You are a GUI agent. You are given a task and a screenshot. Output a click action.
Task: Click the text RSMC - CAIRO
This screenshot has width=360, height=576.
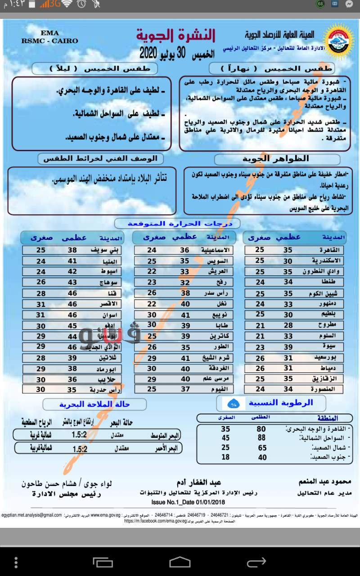click(49, 40)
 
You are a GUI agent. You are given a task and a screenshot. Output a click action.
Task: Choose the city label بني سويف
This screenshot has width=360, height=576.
click(108, 250)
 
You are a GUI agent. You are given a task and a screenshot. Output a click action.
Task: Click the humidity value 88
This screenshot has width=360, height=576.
click(261, 438)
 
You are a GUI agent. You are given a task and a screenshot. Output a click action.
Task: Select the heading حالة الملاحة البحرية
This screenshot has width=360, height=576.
click(94, 404)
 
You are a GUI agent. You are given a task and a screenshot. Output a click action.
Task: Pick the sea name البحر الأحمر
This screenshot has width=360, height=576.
click(166, 448)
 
